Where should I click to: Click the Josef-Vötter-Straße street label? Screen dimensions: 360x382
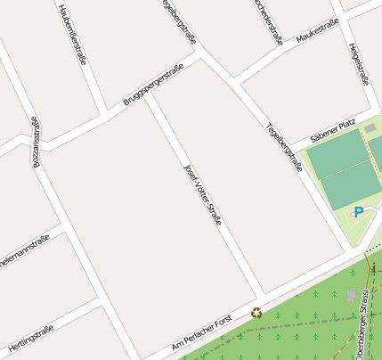click(x=201, y=193)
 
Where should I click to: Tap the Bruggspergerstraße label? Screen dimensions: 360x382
click(x=153, y=86)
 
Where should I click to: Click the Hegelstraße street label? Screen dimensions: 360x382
click(x=359, y=64)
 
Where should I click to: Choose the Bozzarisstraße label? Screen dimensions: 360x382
click(x=37, y=143)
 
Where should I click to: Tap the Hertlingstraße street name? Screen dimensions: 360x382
click(x=31, y=340)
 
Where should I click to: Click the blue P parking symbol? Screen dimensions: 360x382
click(x=358, y=212)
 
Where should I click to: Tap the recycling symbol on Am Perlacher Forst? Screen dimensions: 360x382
click(x=256, y=313)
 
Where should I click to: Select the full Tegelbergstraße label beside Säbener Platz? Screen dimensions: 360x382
click(x=283, y=146)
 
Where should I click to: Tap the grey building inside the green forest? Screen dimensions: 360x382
click(x=351, y=295)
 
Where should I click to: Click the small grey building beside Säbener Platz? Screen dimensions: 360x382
click(x=370, y=129)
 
